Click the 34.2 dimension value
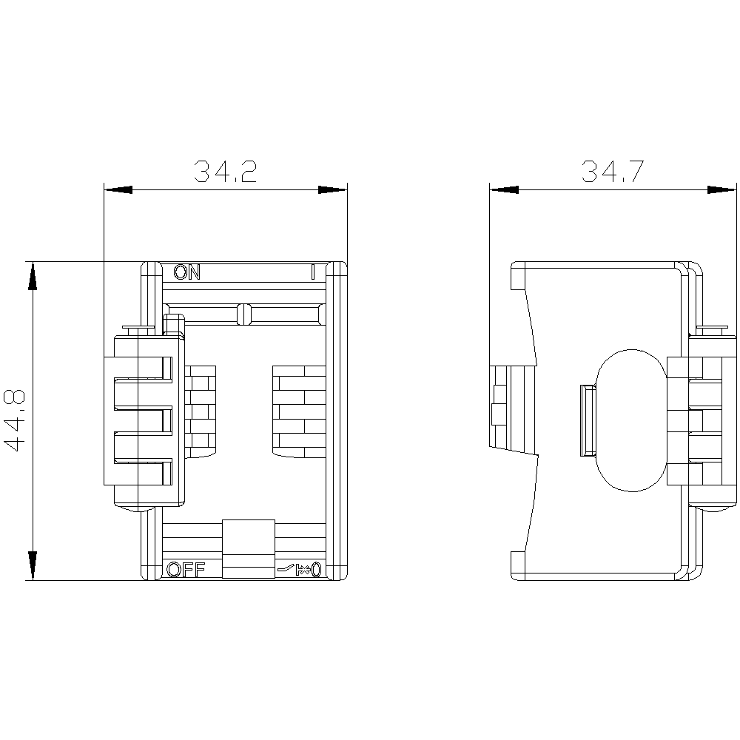point(226,172)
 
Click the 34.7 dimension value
point(613,172)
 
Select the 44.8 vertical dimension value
point(14,420)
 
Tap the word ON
point(187,272)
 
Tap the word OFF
point(186,570)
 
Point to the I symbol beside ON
point(312,272)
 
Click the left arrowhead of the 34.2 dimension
point(118,189)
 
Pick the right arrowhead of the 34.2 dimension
point(333,189)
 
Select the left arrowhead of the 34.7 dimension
point(504,189)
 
